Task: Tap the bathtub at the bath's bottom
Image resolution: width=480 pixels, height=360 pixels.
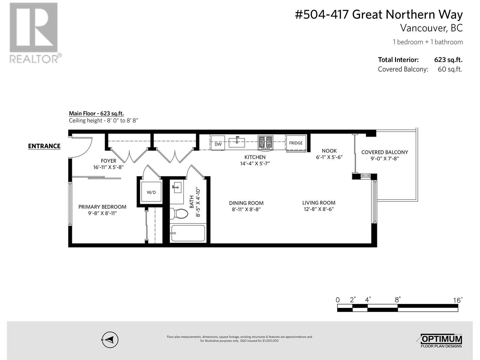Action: [x=188, y=233]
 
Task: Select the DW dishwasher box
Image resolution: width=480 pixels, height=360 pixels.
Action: [x=218, y=144]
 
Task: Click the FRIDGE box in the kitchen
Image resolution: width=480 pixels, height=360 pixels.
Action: [x=296, y=143]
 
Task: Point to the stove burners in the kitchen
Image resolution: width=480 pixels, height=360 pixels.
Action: [x=265, y=142]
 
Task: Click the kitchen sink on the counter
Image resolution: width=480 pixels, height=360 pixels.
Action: [x=237, y=142]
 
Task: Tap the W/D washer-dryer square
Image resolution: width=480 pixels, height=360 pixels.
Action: [x=151, y=192]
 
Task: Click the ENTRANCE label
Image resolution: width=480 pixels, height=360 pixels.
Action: [x=44, y=146]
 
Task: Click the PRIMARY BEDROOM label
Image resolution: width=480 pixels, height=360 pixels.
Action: [x=102, y=207]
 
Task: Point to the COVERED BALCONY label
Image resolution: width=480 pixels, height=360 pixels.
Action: [x=385, y=152]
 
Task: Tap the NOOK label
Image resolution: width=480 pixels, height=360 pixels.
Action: [x=329, y=151]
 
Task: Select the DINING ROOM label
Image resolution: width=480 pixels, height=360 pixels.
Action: [x=246, y=203]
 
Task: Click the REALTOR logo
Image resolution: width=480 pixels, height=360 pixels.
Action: [x=34, y=33]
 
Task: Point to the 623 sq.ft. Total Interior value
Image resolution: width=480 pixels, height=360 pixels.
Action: [x=448, y=60]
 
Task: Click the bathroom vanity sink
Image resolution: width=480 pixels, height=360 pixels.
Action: [x=177, y=188]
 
